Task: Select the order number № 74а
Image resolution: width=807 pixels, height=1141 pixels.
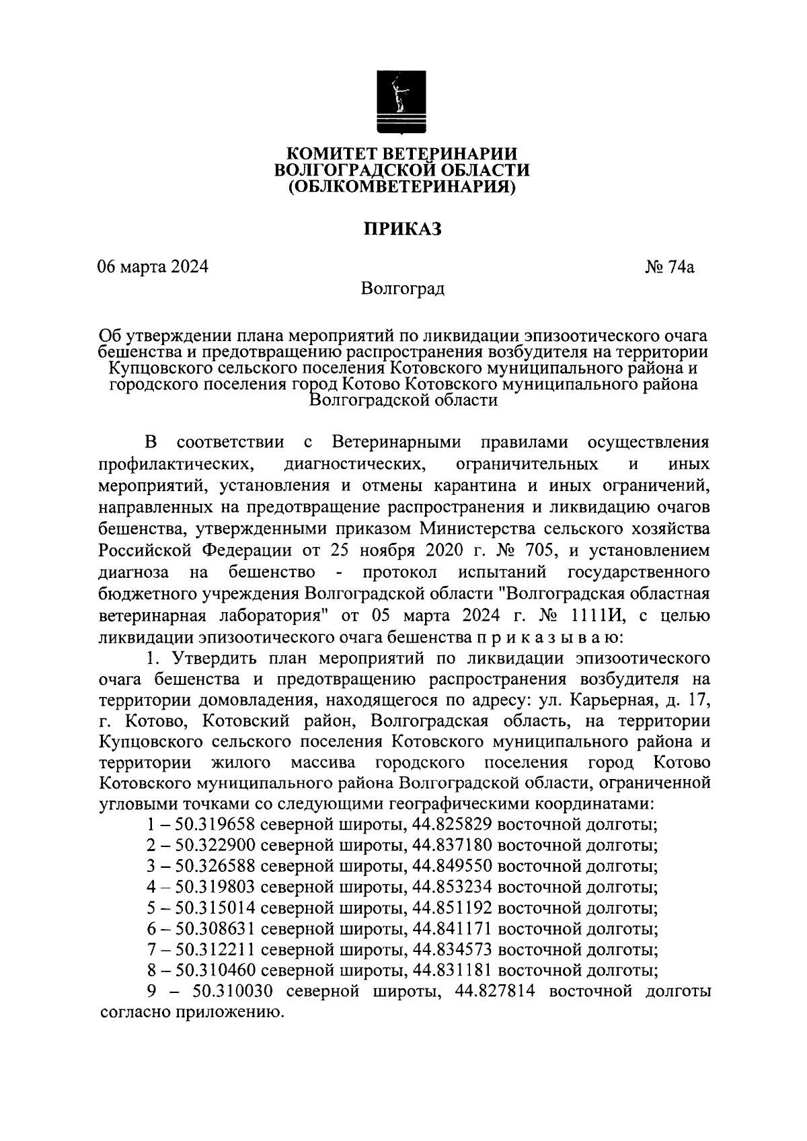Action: tap(670, 267)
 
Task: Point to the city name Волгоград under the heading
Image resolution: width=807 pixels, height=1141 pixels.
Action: tap(403, 289)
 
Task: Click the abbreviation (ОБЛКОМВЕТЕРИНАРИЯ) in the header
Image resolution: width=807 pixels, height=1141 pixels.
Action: tap(402, 188)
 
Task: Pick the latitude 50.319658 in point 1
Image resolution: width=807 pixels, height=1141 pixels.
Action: tap(215, 825)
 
